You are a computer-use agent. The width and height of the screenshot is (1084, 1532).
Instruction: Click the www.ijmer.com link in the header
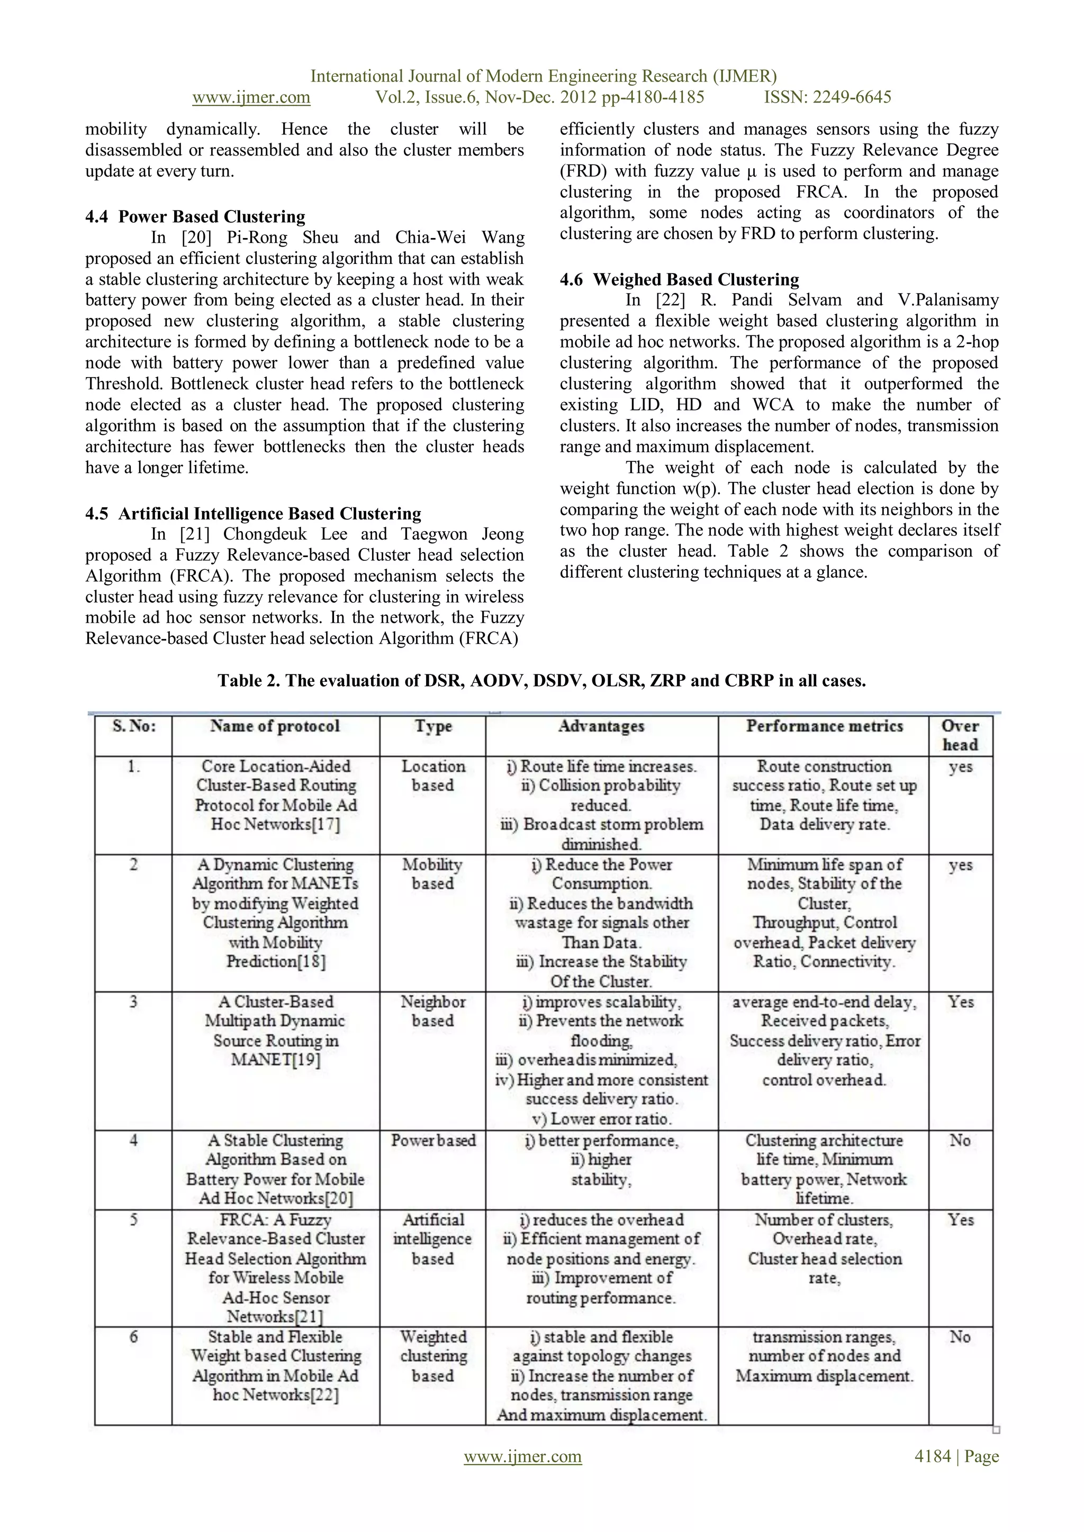click(x=251, y=97)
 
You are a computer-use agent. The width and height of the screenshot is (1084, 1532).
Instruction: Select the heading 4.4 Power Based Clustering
click(x=195, y=217)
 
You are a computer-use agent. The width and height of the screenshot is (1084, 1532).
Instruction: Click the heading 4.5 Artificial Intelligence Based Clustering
click(x=253, y=514)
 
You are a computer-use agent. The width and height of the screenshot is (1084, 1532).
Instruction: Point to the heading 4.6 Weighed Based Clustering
click(x=679, y=279)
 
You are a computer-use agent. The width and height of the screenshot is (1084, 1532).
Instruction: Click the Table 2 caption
click(x=541, y=681)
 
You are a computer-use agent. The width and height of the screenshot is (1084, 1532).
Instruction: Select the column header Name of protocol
click(x=275, y=727)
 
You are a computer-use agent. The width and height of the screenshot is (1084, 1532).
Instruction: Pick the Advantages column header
click(x=601, y=727)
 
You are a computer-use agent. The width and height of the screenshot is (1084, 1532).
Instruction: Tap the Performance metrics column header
click(x=824, y=727)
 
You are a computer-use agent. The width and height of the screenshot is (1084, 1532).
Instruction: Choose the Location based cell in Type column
click(x=432, y=776)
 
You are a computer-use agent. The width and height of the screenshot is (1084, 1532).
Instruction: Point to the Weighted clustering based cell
click(x=433, y=1356)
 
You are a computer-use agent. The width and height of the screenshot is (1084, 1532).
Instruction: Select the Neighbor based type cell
click(x=432, y=1011)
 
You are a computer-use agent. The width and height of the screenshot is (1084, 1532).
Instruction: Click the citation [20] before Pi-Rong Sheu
click(x=195, y=238)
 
